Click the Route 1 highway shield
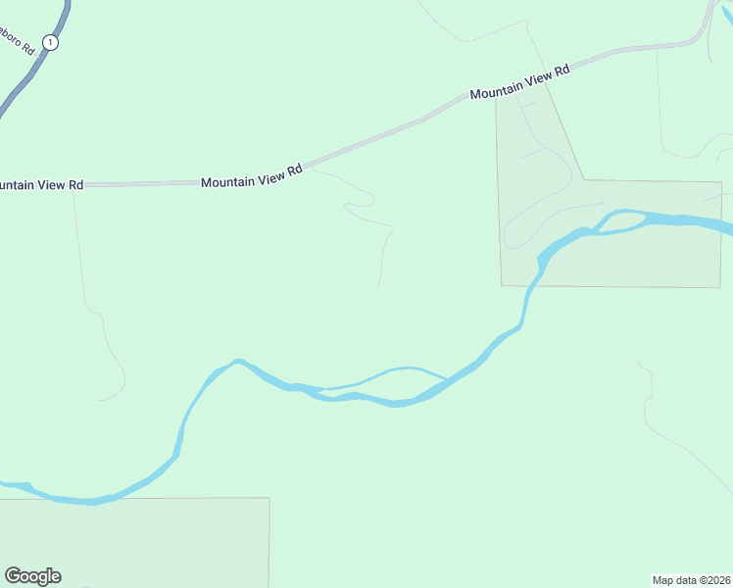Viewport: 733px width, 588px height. pyautogui.click(x=51, y=43)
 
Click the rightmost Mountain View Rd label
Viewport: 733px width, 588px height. pyautogui.click(x=519, y=82)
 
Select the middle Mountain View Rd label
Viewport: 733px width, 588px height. pyautogui.click(x=251, y=177)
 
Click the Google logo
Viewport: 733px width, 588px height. pyautogui.click(x=33, y=575)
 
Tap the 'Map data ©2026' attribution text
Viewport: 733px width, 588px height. pyautogui.click(x=692, y=579)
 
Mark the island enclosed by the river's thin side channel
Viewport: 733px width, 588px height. pyautogui.click(x=387, y=383)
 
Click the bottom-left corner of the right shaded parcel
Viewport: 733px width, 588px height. pyautogui.click(x=502, y=285)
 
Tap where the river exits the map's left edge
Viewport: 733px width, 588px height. pyautogui.click(x=4, y=484)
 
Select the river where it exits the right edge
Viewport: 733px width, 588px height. pyautogui.click(x=727, y=227)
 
